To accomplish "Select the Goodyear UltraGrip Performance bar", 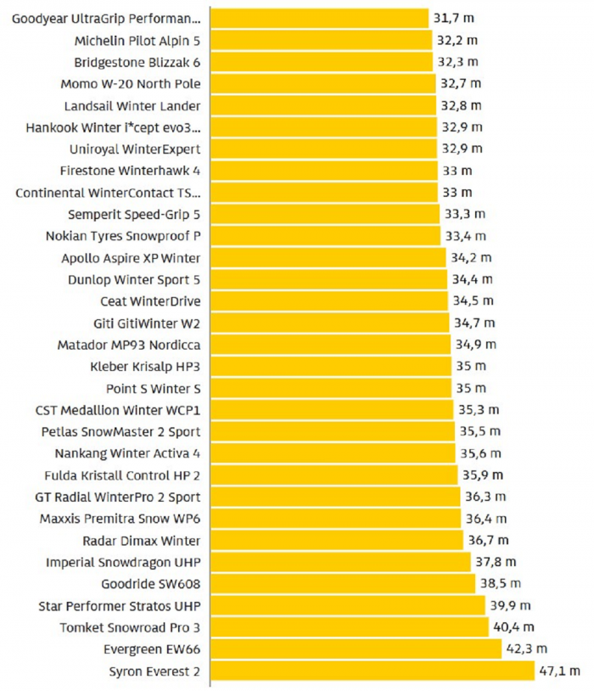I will point(319,19).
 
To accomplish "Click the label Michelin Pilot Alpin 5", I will point(137,40).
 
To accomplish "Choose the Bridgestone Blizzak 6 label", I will point(137,62).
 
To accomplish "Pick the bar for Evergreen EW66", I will point(356,649).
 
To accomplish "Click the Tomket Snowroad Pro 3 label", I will point(131,627).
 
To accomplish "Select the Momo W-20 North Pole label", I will point(131,84).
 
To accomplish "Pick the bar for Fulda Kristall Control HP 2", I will point(332,475).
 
